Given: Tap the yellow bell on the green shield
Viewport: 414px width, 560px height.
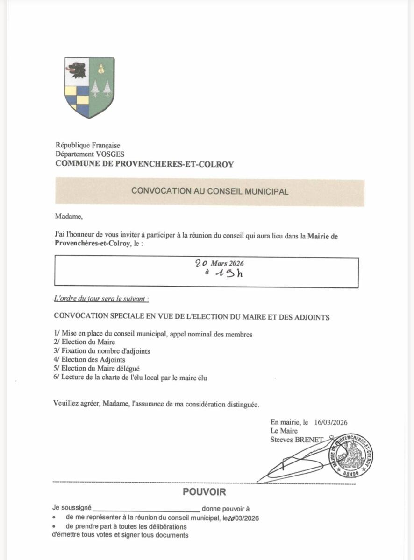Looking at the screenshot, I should pyautogui.click(x=101, y=69).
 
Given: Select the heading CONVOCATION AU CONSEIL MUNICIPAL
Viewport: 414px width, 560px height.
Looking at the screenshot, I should pyautogui.click(x=210, y=191).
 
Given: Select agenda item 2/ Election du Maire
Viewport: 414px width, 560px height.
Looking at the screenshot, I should pyautogui.click(x=85, y=342).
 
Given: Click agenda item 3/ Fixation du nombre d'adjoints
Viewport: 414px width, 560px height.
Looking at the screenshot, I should pyautogui.click(x=102, y=351).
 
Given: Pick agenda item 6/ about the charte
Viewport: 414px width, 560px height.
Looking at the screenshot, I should pyautogui.click(x=130, y=378).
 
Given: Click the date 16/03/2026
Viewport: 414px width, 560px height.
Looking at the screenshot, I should pyautogui.click(x=331, y=422).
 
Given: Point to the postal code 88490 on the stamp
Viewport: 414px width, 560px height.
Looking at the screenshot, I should pyautogui.click(x=350, y=473).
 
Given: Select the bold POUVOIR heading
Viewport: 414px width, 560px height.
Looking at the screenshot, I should pyautogui.click(x=204, y=492).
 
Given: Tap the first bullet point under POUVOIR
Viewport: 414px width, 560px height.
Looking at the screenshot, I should pyautogui.click(x=55, y=518).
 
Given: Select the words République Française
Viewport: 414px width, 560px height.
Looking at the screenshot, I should pyautogui.click(x=88, y=146).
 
